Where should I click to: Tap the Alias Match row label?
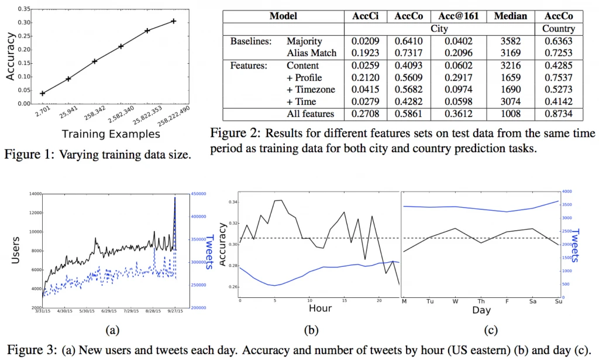click(311, 53)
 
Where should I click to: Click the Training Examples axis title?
click(111, 134)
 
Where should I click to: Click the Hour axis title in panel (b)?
click(320, 308)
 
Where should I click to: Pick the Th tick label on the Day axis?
click(481, 302)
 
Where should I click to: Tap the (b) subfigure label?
click(311, 331)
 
